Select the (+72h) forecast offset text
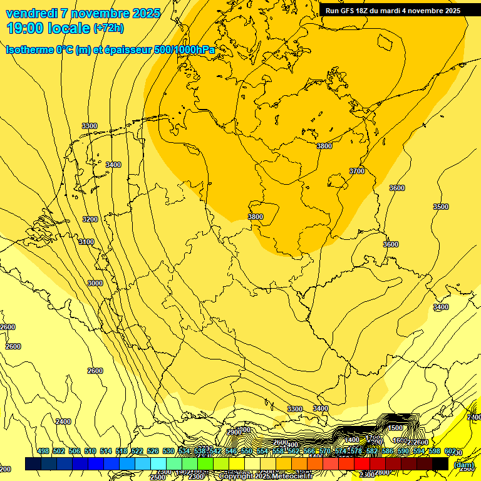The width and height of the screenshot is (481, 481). tap(108, 28)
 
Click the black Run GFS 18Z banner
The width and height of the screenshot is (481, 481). tap(393, 10)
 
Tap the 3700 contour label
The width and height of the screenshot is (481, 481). tap(357, 171)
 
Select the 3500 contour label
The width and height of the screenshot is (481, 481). tap(441, 207)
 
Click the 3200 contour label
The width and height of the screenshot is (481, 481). tap(90, 219)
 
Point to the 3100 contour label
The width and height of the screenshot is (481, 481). tap(86, 242)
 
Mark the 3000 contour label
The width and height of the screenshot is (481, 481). tap(95, 283)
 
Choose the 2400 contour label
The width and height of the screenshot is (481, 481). tap(63, 422)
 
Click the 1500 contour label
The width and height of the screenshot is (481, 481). tap(395, 428)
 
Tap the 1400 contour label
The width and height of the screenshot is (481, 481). tap(353, 440)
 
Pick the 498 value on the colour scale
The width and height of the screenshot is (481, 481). tap(43, 451)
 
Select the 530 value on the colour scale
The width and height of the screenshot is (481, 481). tap(168, 451)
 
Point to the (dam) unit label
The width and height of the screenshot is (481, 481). tap(463, 464)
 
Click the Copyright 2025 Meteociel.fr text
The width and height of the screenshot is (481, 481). tap(266, 476)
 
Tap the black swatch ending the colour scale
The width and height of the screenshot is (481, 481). tap(440, 463)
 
